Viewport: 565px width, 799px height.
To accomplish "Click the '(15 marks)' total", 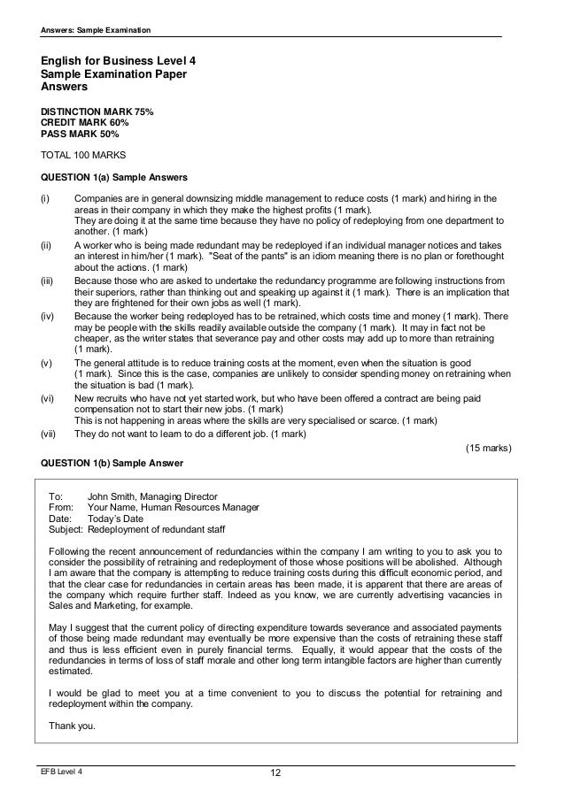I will click(x=488, y=449).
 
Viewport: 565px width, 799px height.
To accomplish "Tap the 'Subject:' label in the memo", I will click(x=66, y=530).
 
